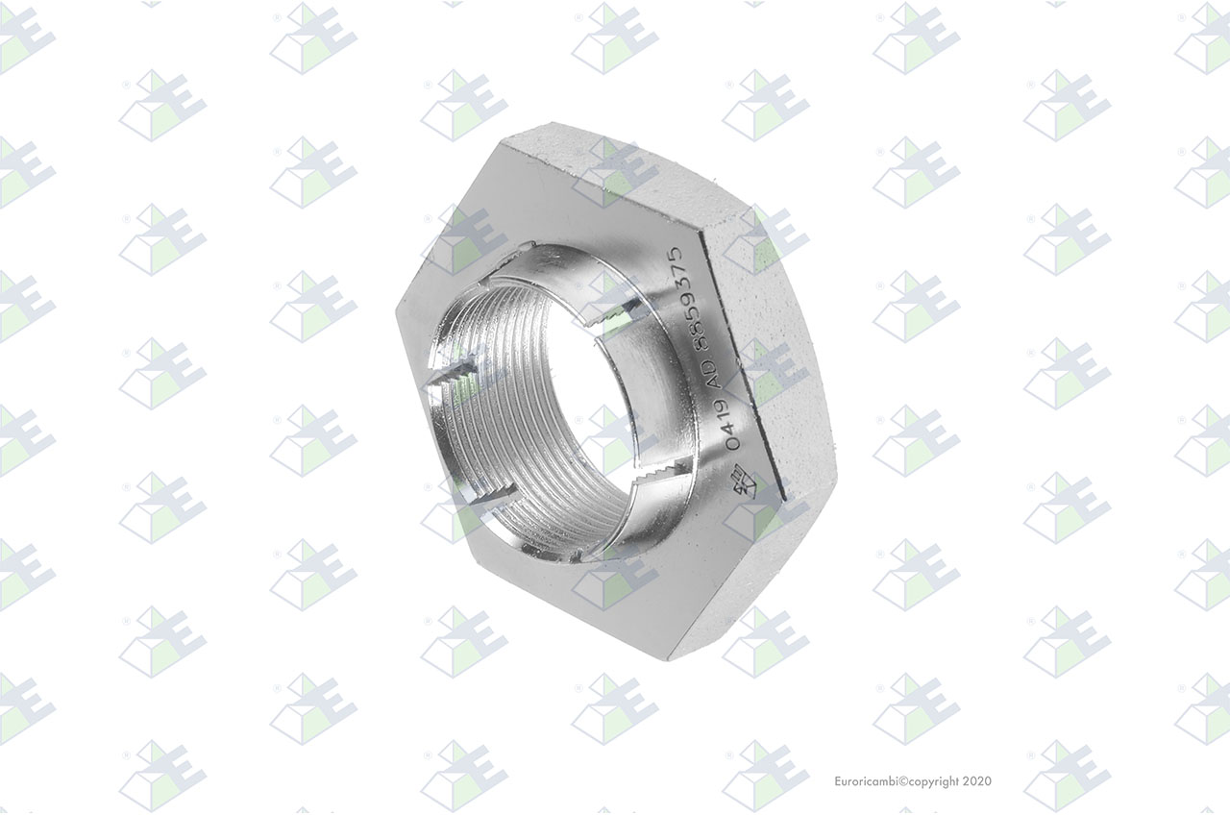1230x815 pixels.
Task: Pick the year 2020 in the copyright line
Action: (x=977, y=781)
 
